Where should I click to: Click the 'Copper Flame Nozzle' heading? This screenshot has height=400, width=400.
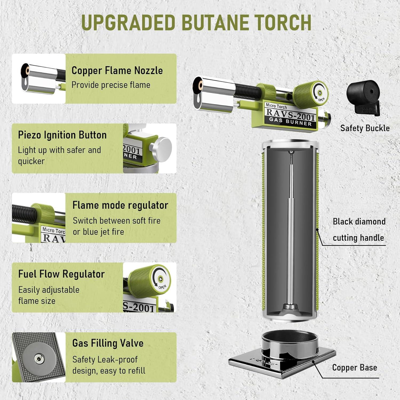[117, 70]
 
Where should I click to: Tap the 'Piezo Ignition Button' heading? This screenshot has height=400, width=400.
[62, 135]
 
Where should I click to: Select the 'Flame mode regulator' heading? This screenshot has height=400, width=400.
[120, 205]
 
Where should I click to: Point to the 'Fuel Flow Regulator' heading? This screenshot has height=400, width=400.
[61, 274]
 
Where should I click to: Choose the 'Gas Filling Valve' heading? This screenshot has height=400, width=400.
[108, 343]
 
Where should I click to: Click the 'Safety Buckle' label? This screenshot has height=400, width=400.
[365, 128]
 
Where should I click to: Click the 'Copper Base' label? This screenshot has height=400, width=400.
[354, 367]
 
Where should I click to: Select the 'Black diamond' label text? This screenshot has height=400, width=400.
[359, 221]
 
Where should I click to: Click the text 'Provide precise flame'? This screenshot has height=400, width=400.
[111, 85]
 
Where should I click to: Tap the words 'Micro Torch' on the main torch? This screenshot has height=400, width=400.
[276, 106]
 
